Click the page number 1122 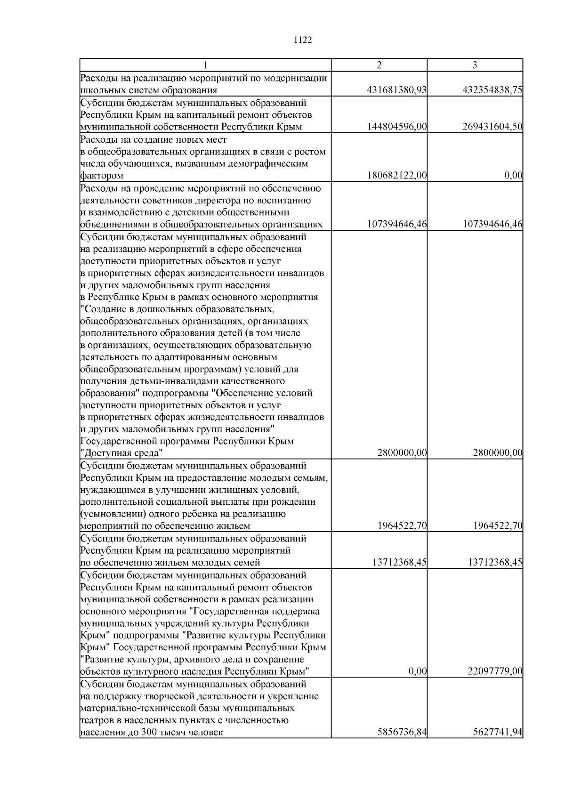tap(303, 40)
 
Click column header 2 tap(379, 65)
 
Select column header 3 tap(475, 65)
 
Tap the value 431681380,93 tap(396, 90)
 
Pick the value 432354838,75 tap(492, 90)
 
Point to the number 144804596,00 tap(396, 127)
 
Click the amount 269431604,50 tap(492, 127)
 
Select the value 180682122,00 tap(396, 176)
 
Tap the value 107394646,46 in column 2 tap(396, 225)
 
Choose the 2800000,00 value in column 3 tap(497, 453)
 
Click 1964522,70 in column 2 tap(402, 526)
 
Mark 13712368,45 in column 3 tap(495, 563)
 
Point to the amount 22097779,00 tap(495, 671)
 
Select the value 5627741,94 tap(497, 746)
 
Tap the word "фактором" tap(102, 176)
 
